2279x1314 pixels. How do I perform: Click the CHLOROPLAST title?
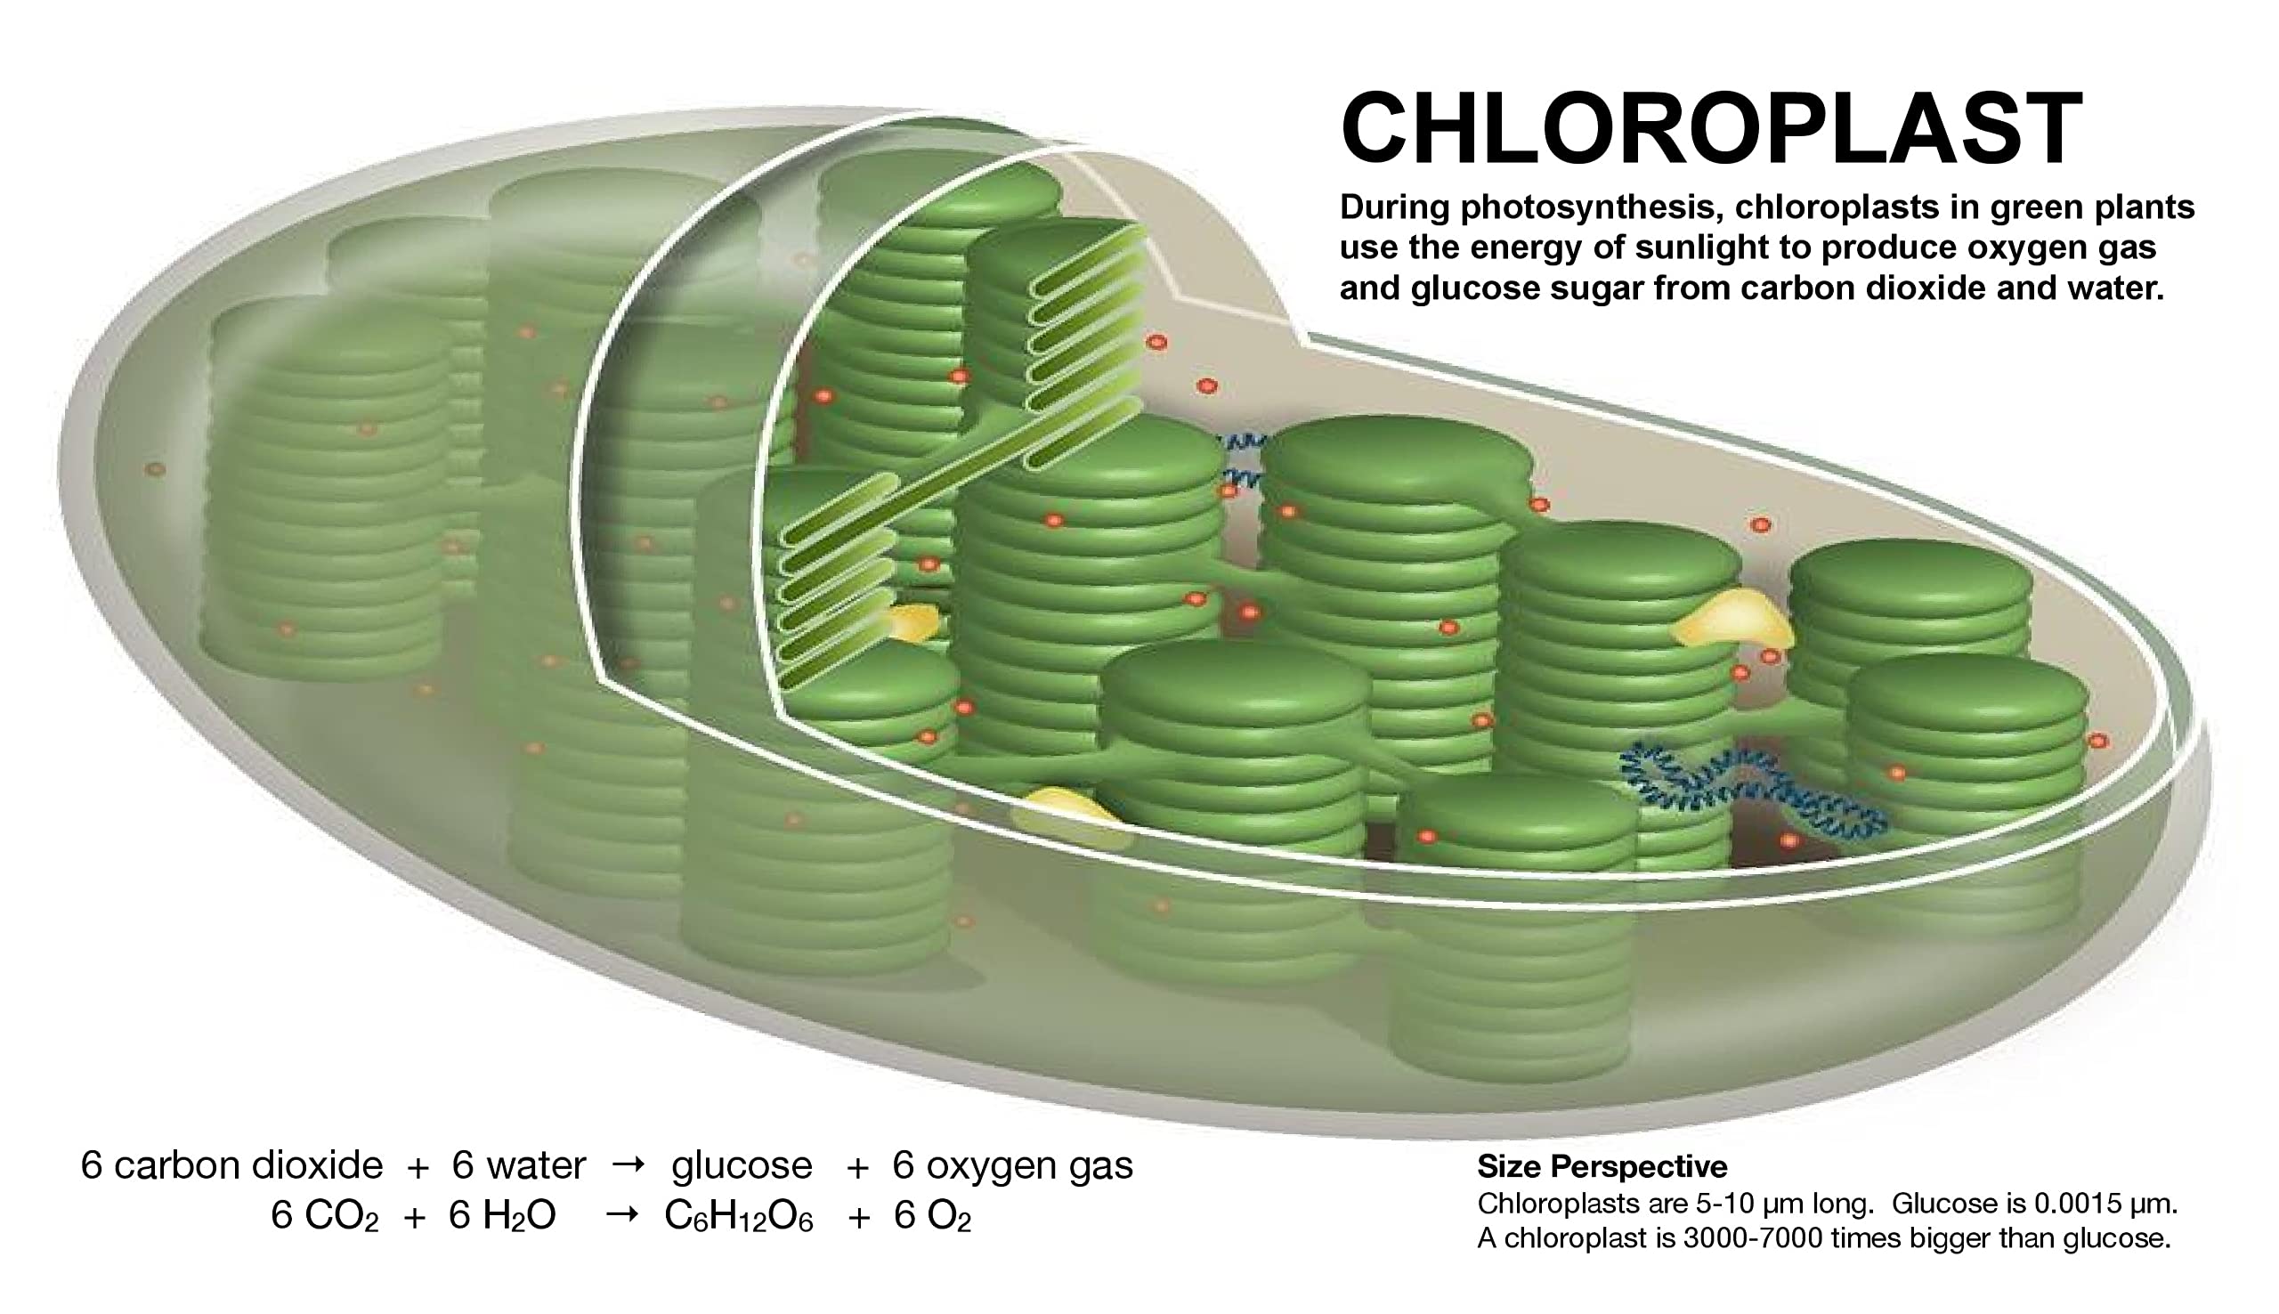(x=1711, y=131)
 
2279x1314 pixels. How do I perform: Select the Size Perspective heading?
(x=1602, y=1167)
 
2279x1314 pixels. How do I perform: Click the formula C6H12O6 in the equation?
(x=738, y=1218)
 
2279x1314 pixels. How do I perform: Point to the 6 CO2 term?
(x=324, y=1218)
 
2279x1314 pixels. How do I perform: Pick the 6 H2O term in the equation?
(x=501, y=1218)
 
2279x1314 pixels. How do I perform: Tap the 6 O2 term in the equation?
(x=932, y=1218)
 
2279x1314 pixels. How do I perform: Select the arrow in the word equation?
(x=628, y=1164)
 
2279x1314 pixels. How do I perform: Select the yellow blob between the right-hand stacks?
(x=1731, y=619)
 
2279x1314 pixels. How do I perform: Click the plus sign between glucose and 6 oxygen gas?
(x=857, y=1168)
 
